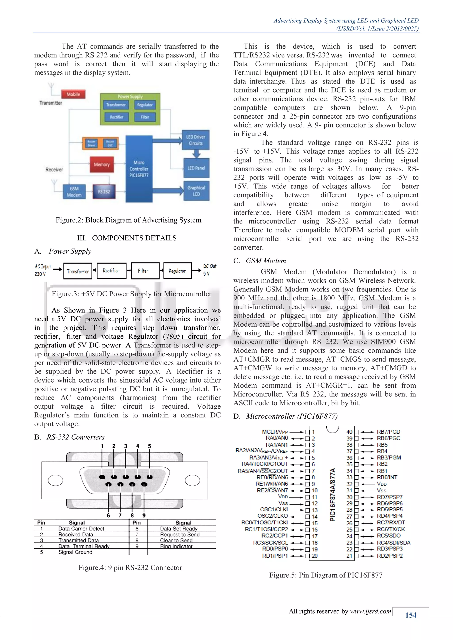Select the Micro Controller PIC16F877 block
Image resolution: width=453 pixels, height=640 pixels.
coord(139,169)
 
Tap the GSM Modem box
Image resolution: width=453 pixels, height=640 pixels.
coord(74,192)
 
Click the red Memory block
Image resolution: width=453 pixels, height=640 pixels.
coord(102,164)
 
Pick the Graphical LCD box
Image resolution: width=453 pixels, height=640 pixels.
coord(196,191)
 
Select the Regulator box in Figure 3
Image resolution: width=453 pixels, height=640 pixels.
coord(177,271)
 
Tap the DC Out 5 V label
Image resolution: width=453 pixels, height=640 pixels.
coord(209,270)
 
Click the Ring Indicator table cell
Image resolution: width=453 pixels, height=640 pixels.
coord(176,546)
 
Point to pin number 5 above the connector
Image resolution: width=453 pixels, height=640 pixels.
coord(150,446)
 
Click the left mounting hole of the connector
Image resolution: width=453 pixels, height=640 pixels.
coord(55,480)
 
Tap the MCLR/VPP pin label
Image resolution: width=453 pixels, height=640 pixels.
coord(275,432)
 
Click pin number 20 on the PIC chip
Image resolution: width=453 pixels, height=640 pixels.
coord(315,556)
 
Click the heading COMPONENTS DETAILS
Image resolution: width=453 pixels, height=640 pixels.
coord(134,238)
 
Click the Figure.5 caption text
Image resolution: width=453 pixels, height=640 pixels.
coord(326,575)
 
